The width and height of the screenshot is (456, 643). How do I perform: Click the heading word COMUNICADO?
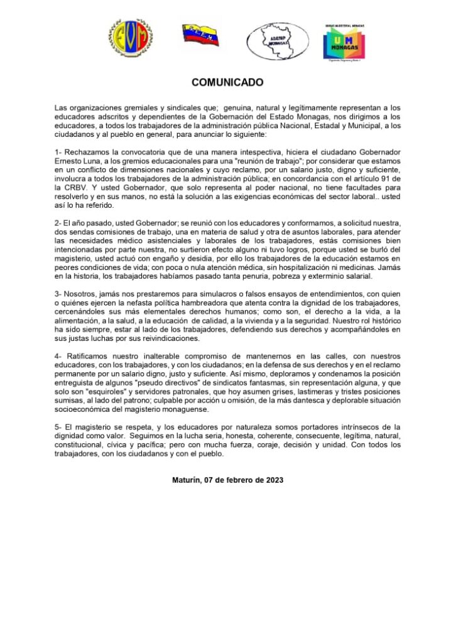(x=227, y=82)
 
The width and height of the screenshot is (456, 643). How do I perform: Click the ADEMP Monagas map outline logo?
(x=277, y=41)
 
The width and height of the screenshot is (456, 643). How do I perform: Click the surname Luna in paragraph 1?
(x=102, y=161)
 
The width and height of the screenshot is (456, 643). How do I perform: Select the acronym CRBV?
(x=79, y=187)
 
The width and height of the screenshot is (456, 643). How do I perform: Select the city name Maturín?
(x=187, y=480)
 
